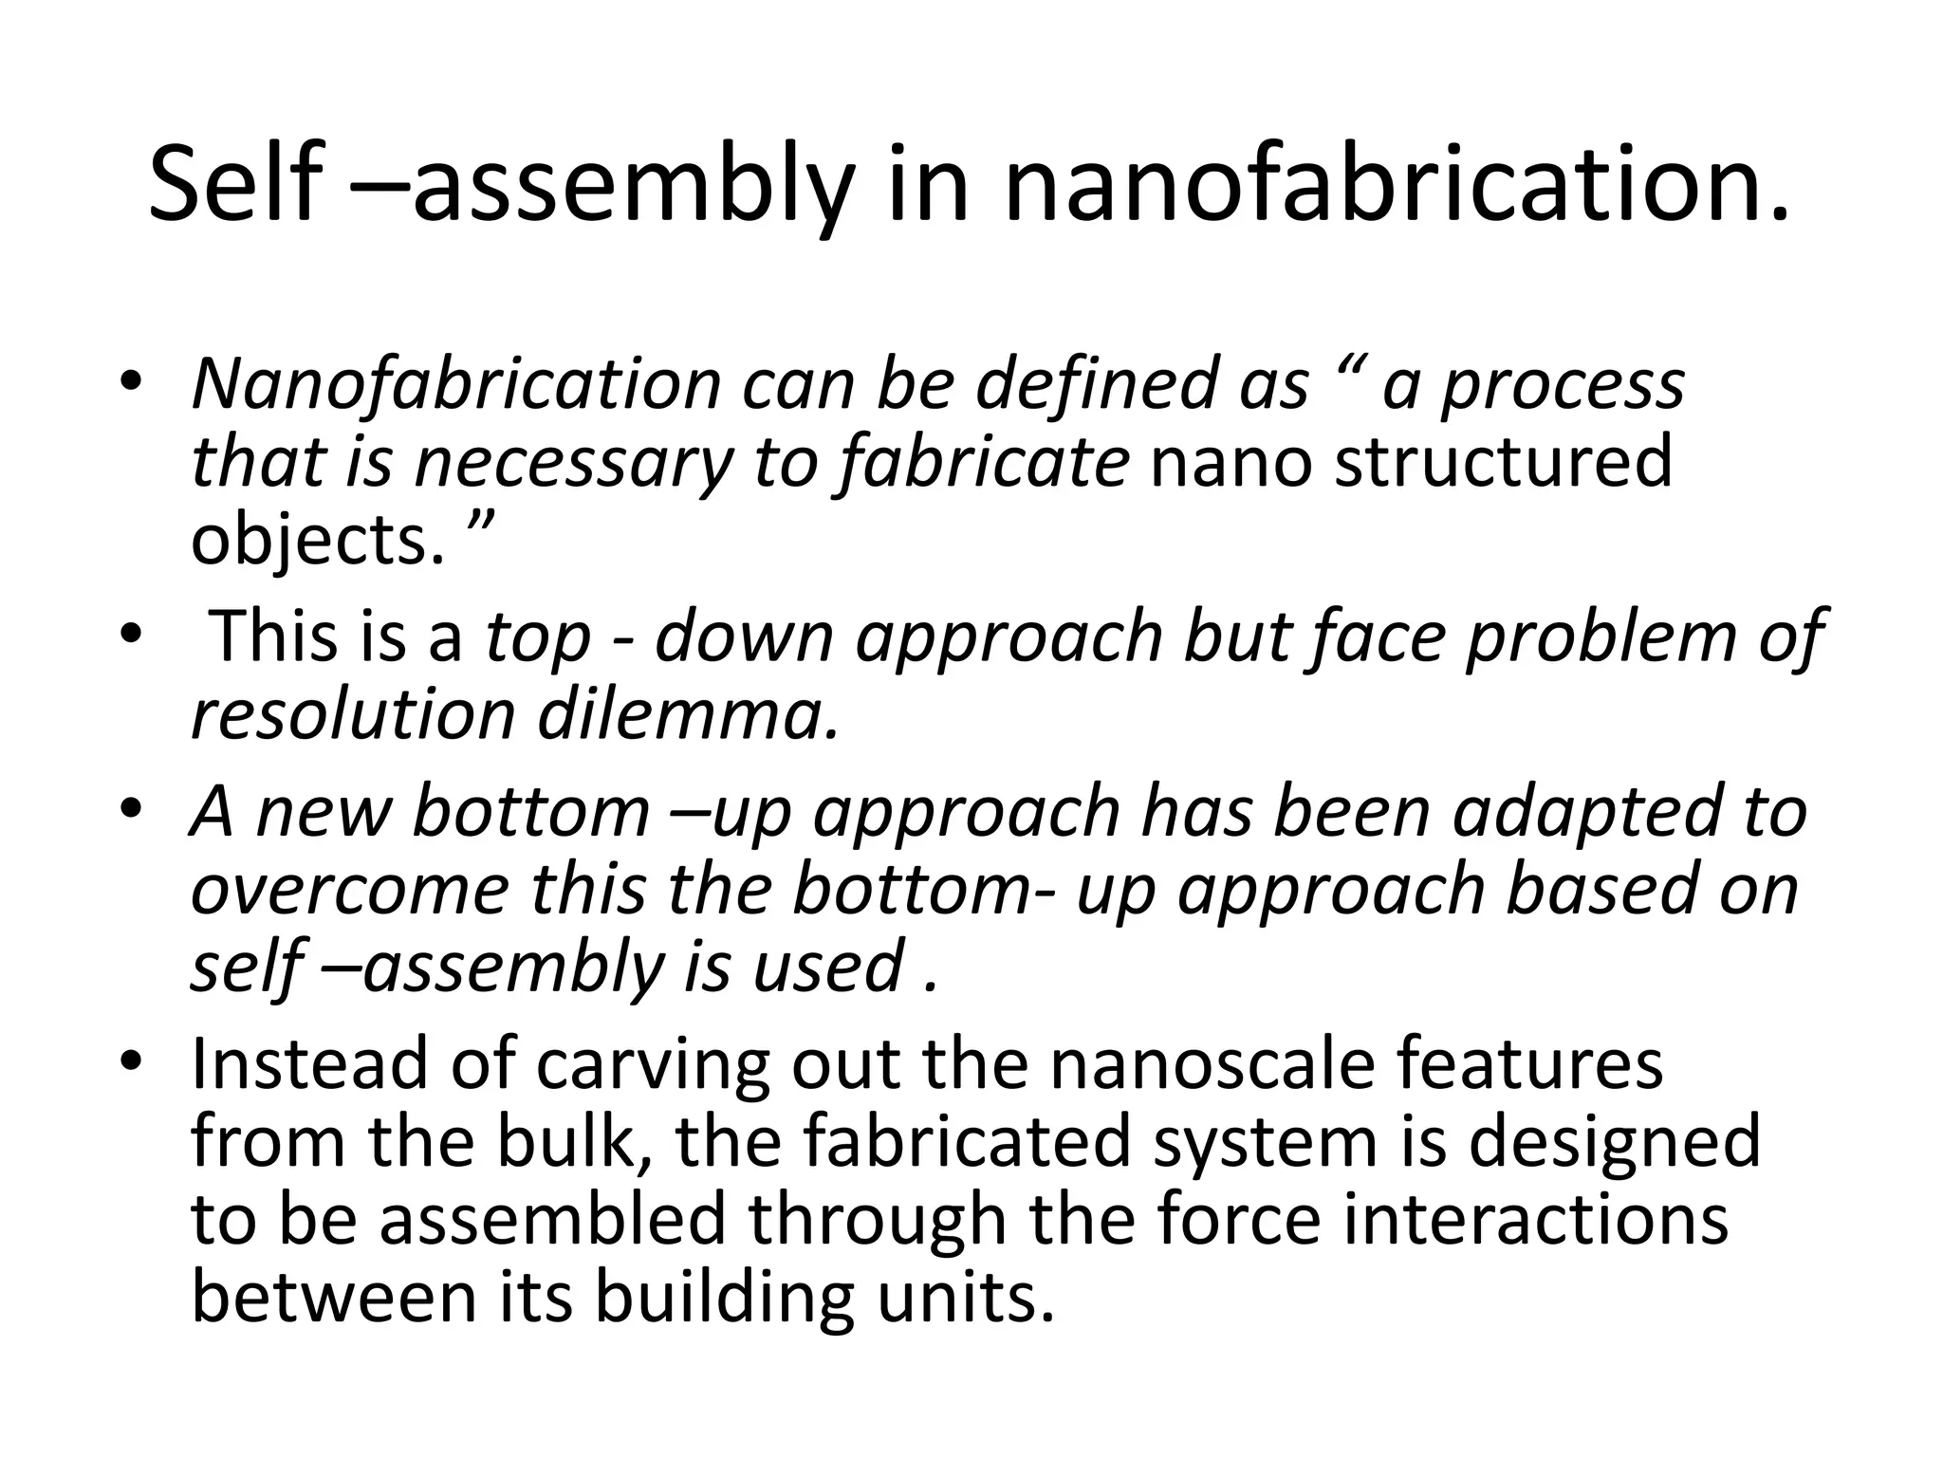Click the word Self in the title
click(233, 184)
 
